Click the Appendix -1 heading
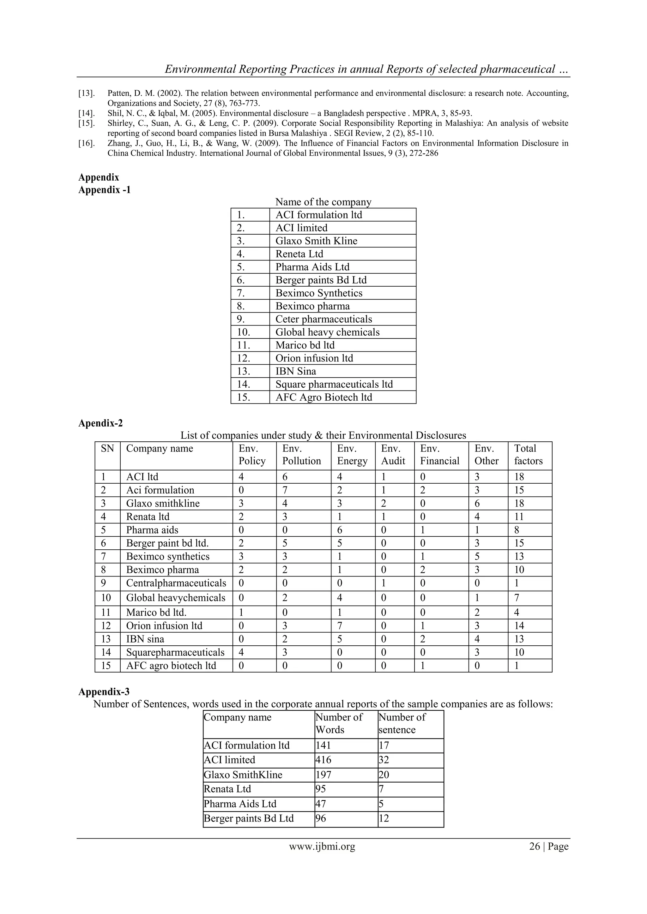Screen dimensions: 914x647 (x=104, y=190)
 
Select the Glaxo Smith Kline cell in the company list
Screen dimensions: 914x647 (x=316, y=241)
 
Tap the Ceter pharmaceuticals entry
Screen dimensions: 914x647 (x=323, y=319)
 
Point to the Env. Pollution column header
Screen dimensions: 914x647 (x=302, y=455)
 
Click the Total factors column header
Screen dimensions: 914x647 (x=528, y=455)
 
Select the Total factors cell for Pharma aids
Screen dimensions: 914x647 (x=517, y=530)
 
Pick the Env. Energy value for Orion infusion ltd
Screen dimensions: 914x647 (x=340, y=626)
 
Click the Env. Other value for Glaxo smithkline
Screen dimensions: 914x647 (x=477, y=504)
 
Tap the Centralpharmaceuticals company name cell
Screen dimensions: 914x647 (x=176, y=583)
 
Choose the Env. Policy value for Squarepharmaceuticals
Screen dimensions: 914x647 (x=241, y=653)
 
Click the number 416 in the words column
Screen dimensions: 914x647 (x=323, y=760)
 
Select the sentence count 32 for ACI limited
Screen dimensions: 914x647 (x=384, y=760)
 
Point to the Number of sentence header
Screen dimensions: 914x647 (x=402, y=723)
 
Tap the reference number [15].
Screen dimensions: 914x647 (x=87, y=123)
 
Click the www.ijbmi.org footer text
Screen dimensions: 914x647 (x=322, y=847)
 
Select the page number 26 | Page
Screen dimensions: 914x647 (x=549, y=847)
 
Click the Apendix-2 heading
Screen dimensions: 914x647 (x=100, y=423)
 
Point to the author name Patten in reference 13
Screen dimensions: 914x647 (x=119, y=93)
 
